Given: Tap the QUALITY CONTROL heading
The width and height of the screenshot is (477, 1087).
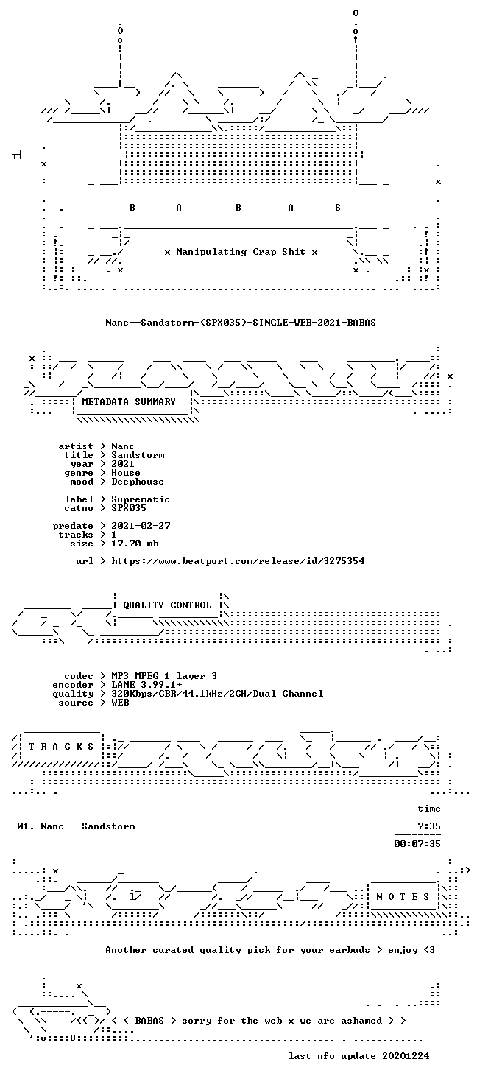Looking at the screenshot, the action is (167, 605).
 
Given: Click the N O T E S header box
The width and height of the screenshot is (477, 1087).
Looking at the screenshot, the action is (403, 896).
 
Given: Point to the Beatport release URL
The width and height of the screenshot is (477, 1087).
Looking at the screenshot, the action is (238, 561).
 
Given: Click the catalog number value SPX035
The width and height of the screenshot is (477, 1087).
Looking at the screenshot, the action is (129, 508).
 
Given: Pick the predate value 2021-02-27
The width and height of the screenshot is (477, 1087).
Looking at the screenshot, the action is (141, 526).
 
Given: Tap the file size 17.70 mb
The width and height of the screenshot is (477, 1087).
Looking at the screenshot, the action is (135, 543).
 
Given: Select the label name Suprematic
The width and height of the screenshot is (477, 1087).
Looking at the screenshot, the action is (141, 499).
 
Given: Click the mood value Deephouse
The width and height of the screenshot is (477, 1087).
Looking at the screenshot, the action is (138, 482).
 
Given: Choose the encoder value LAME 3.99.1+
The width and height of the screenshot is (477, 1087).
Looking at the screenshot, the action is (146, 685).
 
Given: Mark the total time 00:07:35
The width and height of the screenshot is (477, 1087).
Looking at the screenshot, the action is (417, 844).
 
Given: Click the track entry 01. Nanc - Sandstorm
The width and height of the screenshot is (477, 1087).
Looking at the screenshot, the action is (76, 826).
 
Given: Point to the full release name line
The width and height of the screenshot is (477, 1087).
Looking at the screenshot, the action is (241, 323).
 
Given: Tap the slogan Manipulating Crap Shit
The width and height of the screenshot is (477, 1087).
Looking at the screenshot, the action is (241, 252).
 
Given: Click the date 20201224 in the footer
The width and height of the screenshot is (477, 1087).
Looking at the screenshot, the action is (406, 1056).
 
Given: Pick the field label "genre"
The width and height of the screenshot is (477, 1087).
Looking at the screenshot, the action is (79, 473).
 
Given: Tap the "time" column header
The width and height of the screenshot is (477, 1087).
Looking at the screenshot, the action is (429, 809).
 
